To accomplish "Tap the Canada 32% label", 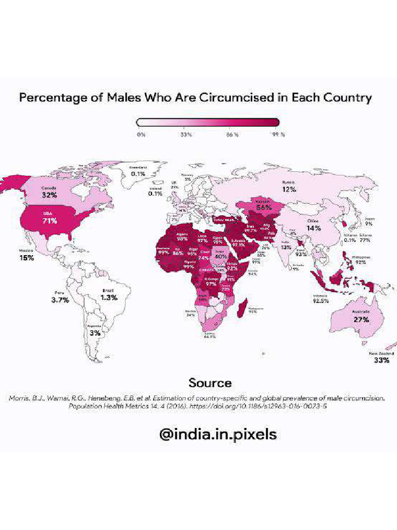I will [49, 193].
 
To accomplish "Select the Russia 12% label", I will [288, 186].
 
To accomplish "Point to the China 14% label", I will [313, 225].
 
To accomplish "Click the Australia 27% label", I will [361, 317].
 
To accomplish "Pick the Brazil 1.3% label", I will [109, 295].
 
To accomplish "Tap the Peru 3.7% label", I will [60, 297].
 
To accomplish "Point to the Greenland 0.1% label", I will [138, 171].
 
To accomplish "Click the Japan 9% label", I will [370, 221].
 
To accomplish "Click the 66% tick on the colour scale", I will [232, 135].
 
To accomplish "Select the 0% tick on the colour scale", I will [141, 135].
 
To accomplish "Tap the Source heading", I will [209, 383].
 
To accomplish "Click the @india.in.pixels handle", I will [218, 434].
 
